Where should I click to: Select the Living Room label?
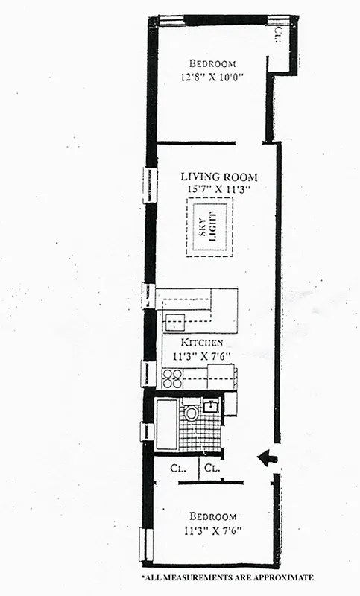[x=219, y=177]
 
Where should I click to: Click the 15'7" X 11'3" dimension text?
[x=219, y=189]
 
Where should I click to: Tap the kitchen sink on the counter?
[x=175, y=322]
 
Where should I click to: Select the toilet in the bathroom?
[x=192, y=412]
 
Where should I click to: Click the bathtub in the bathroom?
[x=166, y=424]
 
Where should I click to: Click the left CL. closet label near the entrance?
[x=178, y=470]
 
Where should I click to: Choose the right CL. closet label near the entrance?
[x=212, y=470]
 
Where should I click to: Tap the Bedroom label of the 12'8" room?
[x=212, y=63]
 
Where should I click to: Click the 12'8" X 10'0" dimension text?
[x=212, y=76]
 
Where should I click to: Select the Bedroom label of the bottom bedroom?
[x=212, y=516]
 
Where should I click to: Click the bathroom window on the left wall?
[x=147, y=431]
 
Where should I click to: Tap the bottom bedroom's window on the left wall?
[x=144, y=544]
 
